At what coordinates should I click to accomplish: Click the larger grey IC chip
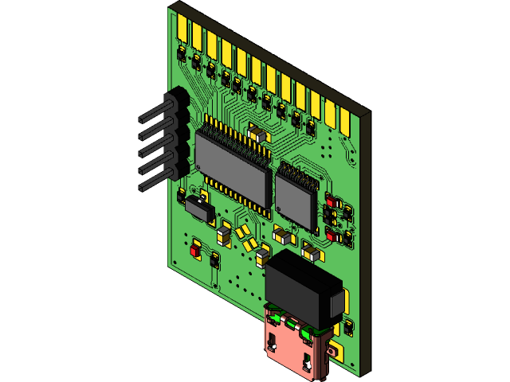pyautogui.click(x=232, y=168)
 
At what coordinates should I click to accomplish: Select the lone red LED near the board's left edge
pyautogui.click(x=194, y=249)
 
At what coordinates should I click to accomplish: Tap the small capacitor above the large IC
pyautogui.click(x=257, y=134)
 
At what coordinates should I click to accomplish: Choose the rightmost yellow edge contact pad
pyautogui.click(x=346, y=119)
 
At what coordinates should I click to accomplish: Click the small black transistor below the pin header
pyautogui.click(x=199, y=209)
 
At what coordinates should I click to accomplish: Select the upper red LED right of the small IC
pyautogui.click(x=330, y=201)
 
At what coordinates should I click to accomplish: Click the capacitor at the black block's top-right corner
pyautogui.click(x=312, y=254)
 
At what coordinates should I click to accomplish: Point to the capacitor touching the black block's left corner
pyautogui.click(x=262, y=256)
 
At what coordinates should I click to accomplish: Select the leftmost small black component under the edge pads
pyautogui.click(x=182, y=54)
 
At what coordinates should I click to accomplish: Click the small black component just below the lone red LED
pyautogui.click(x=213, y=259)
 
